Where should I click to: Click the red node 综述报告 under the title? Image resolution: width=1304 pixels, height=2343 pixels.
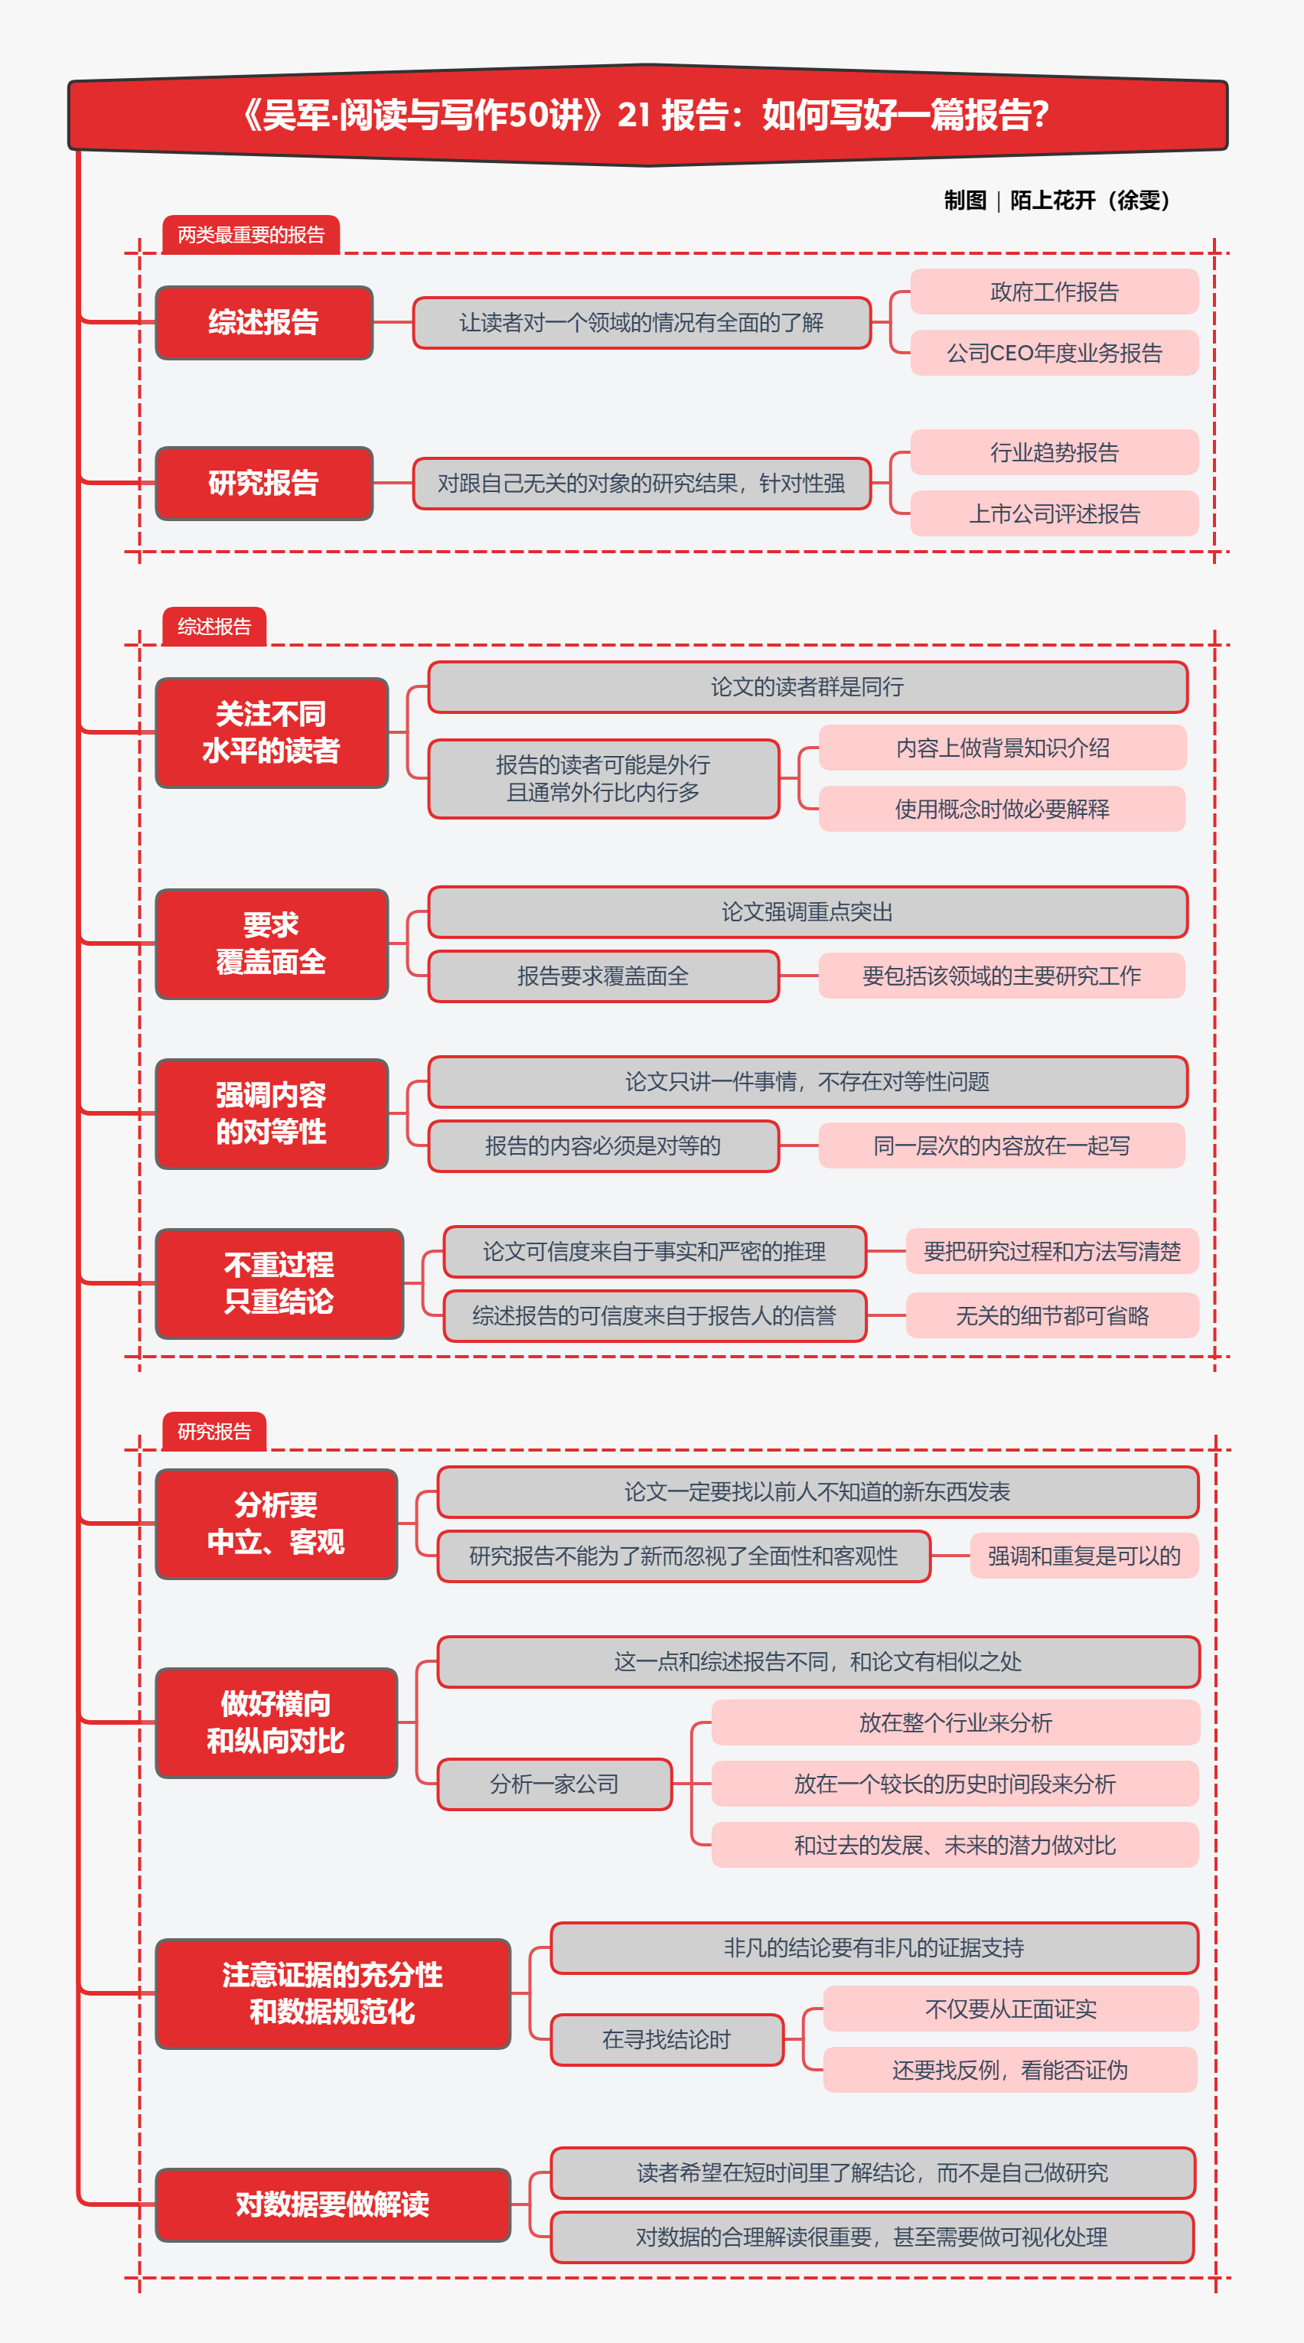(264, 322)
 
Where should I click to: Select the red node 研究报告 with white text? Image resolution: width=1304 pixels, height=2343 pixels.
(264, 483)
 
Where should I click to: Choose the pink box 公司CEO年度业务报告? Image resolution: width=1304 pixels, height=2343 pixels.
(1054, 353)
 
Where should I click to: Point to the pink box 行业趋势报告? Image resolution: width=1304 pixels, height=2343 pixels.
(1054, 452)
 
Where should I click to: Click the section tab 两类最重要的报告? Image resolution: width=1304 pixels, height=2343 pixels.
(251, 235)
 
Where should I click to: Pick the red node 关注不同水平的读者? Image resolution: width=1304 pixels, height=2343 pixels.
(271, 732)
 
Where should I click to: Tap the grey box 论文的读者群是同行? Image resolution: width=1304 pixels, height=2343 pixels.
(807, 686)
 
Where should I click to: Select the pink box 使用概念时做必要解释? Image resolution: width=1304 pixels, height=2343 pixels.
(1002, 809)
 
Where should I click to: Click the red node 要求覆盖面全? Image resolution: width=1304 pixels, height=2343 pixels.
(271, 943)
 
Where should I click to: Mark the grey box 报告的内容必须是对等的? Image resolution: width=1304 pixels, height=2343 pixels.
(603, 1145)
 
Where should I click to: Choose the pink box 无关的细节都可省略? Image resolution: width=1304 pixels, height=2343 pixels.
(1052, 1315)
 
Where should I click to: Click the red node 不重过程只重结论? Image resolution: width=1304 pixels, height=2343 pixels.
(279, 1283)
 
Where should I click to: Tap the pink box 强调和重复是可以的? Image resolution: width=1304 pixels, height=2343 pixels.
(1084, 1556)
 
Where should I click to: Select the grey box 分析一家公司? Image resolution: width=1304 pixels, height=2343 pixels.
(554, 1784)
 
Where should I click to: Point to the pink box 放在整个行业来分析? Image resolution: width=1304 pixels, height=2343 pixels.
(955, 1722)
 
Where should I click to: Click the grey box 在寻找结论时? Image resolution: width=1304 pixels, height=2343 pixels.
(667, 2040)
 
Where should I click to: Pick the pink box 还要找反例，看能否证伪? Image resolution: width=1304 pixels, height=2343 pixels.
(1009, 2070)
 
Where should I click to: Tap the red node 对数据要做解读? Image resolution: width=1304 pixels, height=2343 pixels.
(332, 2205)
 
